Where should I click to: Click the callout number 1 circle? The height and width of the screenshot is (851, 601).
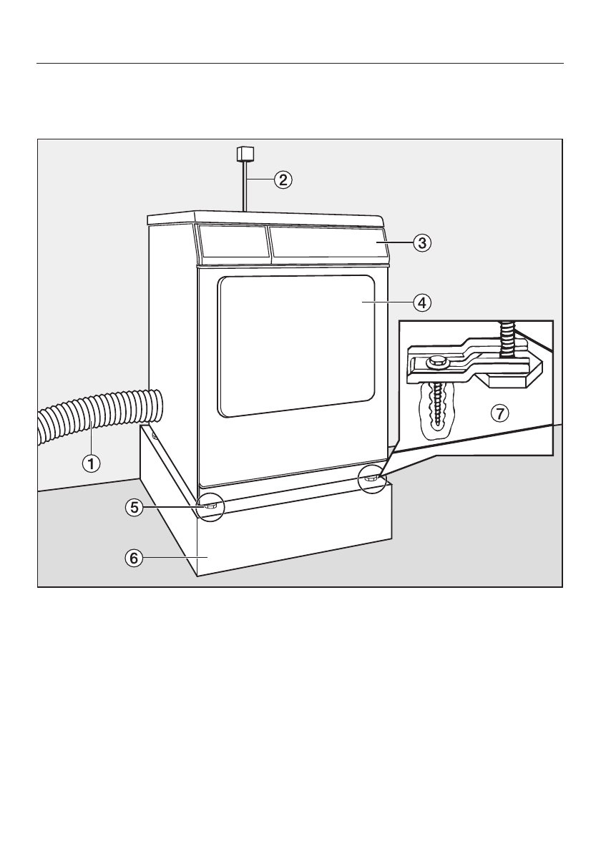coord(91,463)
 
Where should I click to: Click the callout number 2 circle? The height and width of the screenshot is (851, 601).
coord(284,179)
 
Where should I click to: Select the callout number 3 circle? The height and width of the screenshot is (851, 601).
coord(422,243)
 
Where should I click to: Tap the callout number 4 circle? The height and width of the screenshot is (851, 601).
coord(422,302)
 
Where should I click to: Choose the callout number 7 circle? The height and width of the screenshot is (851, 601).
coord(500,413)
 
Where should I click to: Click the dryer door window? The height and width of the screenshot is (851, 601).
coord(296,345)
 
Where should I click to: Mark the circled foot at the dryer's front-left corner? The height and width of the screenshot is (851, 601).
coord(210,506)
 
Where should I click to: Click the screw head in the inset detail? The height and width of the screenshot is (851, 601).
coord(434,363)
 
